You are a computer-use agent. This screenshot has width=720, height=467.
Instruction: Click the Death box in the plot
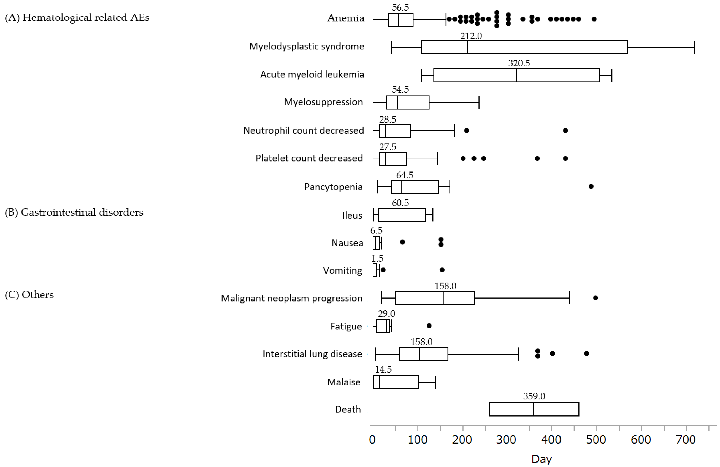tap(534, 409)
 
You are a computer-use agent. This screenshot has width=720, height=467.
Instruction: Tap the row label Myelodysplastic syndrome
tap(307, 46)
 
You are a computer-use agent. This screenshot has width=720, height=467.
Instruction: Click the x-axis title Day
tap(542, 459)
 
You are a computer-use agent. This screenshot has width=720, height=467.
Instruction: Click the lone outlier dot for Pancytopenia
tap(591, 186)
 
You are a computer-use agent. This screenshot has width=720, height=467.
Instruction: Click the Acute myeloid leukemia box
tap(516, 75)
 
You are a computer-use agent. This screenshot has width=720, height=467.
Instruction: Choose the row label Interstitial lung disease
tap(312, 354)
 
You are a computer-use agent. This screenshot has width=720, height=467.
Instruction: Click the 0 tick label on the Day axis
tap(372, 439)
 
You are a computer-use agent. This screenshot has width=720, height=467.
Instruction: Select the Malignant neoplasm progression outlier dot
tap(595, 298)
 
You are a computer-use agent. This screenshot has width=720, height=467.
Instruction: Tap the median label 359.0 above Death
tap(534, 396)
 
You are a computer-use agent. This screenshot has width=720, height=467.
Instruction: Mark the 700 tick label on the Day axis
tap(686, 439)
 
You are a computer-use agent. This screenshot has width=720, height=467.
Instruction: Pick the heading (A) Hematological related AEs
tap(77, 18)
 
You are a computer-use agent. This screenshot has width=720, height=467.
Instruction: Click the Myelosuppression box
tap(407, 103)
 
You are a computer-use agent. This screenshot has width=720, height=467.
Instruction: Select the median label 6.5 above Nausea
tap(376, 231)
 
